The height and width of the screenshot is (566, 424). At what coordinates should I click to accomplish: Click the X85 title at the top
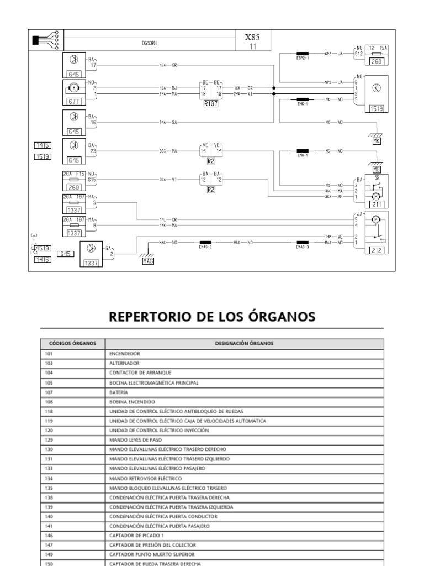coord(252,37)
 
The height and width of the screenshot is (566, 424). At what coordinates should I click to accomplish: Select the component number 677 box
coord(73,102)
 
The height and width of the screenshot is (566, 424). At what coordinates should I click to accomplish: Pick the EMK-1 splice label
coord(302,104)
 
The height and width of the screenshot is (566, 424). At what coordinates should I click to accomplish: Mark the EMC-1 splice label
coord(302,155)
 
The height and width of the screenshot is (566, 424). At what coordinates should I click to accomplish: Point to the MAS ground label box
coord(148,260)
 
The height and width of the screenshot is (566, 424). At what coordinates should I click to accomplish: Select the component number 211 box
coord(377,205)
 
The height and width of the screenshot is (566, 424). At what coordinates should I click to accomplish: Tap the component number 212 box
coord(377,250)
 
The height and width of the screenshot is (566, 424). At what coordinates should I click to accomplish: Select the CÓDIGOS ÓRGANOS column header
coord(72,343)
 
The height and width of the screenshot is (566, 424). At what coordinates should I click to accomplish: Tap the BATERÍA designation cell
coord(119,392)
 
